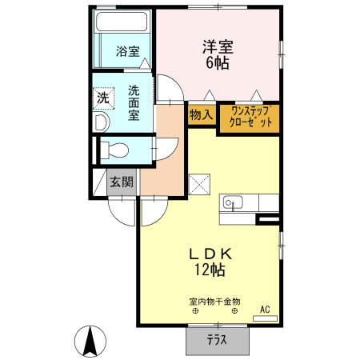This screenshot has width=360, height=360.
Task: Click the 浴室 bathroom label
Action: pyautogui.click(x=127, y=52)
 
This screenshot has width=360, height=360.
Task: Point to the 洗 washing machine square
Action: pyautogui.click(x=103, y=98)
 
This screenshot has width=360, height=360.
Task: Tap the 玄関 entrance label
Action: pyautogui.click(x=122, y=182)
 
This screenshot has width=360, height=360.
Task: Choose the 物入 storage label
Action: pyautogui.click(x=201, y=114)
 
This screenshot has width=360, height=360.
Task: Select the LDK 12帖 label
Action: pyautogui.click(x=210, y=261)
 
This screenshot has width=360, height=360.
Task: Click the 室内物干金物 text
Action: pyautogui.click(x=214, y=302)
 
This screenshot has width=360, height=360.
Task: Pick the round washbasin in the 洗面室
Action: pyautogui.click(x=102, y=122)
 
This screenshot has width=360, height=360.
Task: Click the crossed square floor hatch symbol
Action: pyautogui.click(x=199, y=183)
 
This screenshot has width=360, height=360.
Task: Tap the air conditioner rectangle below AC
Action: pyautogui.click(x=264, y=318)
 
